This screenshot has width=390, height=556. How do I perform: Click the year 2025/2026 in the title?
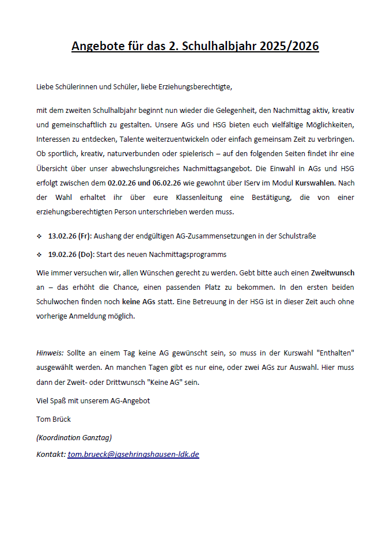click(x=289, y=46)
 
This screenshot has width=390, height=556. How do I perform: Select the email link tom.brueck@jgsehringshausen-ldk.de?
click(x=134, y=454)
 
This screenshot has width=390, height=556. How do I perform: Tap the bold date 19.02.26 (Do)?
click(x=71, y=254)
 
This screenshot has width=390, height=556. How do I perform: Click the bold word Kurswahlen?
click(x=315, y=183)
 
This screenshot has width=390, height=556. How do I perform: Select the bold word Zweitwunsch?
click(x=332, y=272)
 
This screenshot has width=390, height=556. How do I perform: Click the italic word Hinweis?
click(x=50, y=351)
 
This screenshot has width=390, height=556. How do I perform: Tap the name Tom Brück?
click(x=54, y=419)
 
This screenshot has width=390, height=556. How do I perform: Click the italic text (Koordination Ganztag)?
click(x=74, y=437)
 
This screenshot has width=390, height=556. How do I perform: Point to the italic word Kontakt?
click(x=51, y=454)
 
